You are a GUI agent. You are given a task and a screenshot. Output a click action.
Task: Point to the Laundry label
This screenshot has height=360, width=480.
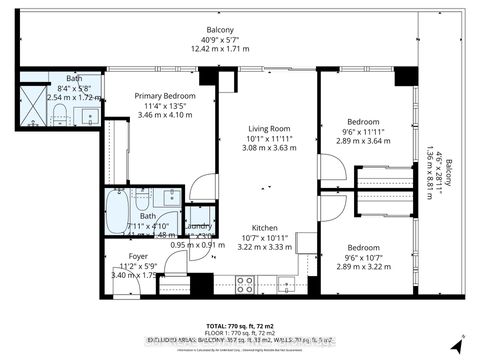coord(198,226)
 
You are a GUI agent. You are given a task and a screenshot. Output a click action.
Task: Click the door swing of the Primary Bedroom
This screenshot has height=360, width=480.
coord(203,186)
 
